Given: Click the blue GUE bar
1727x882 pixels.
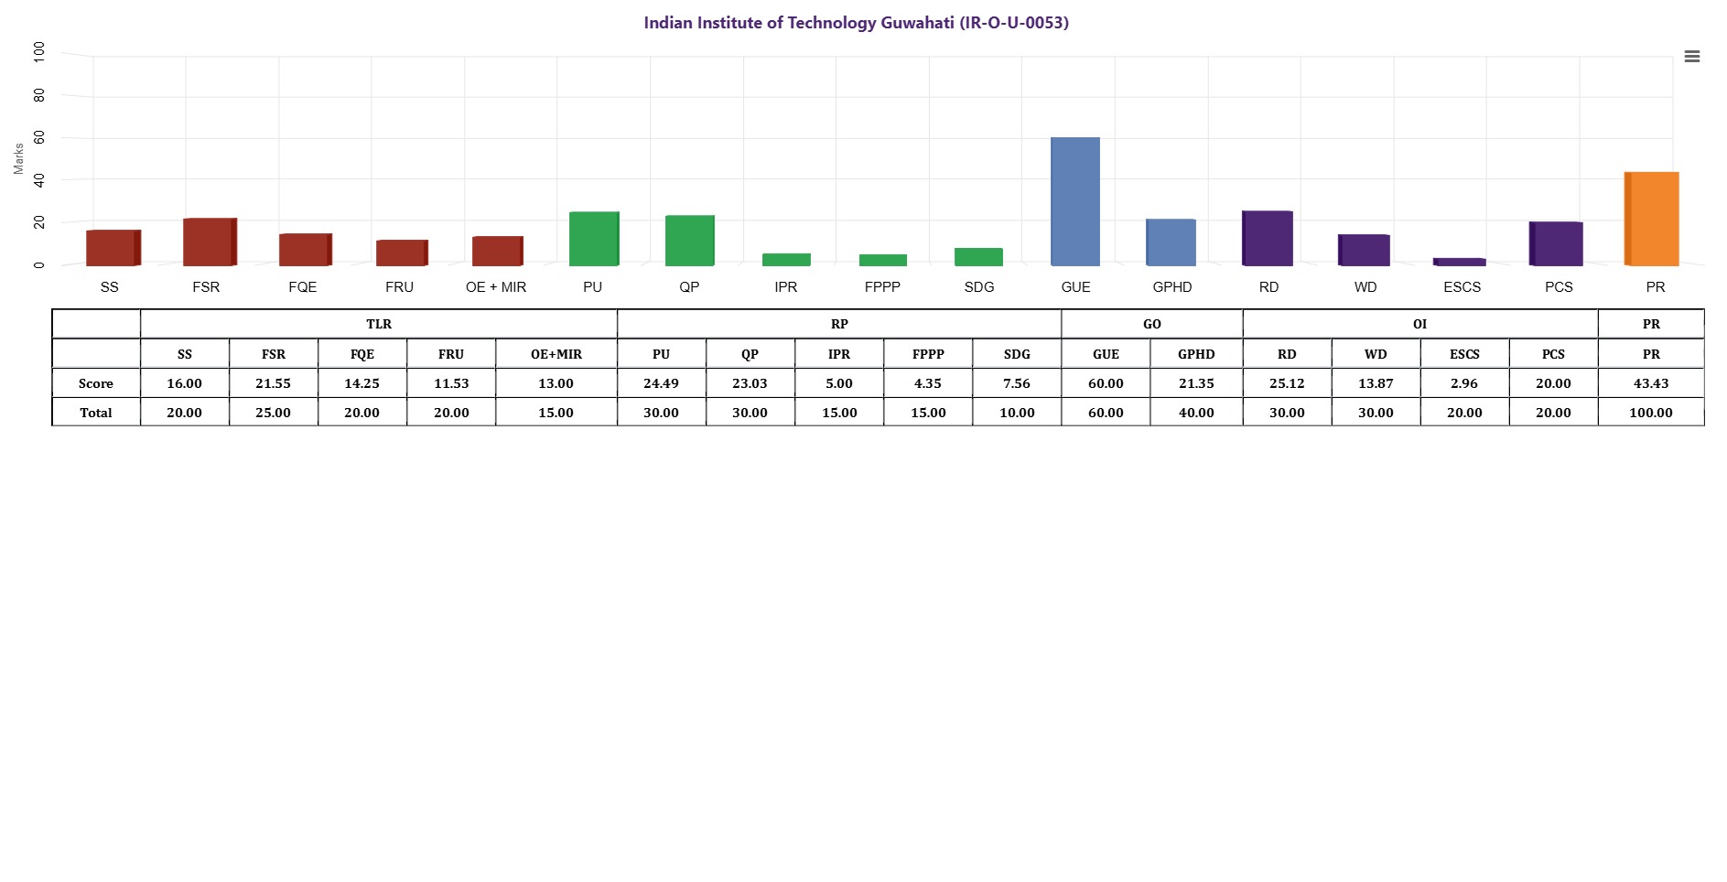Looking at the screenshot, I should (1075, 201).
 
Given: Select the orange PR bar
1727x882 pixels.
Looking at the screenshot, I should (1652, 219).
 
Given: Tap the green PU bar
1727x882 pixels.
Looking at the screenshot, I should (594, 239).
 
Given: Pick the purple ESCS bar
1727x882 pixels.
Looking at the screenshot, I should (1460, 262).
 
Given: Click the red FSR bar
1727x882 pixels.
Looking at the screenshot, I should (210, 242).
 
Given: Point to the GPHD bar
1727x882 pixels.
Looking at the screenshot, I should (1171, 242).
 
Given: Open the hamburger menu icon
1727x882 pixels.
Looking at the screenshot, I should (1692, 57).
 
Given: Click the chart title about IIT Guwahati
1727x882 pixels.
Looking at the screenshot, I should (856, 23).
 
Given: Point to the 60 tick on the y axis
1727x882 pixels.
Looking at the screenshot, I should (38, 137).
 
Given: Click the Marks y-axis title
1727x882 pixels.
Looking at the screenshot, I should (18, 158).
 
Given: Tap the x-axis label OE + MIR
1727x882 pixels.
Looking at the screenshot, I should (496, 287).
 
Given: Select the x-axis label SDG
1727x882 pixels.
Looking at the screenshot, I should (979, 287).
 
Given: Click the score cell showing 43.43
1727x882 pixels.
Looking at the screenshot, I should (1651, 383).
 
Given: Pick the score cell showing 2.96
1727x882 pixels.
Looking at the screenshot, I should (1464, 383).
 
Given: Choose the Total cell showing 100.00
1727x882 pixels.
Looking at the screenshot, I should (1651, 413).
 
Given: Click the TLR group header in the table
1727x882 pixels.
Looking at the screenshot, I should (379, 324).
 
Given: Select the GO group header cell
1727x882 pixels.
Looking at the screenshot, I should (1152, 324).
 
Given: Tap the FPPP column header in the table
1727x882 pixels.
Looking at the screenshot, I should (928, 354).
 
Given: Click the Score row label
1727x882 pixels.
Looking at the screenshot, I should (96, 383).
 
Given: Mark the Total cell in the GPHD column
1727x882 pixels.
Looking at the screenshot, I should (1196, 413).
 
